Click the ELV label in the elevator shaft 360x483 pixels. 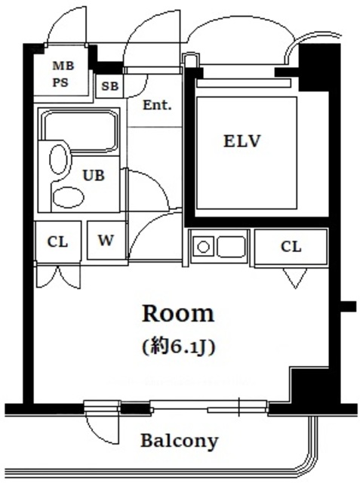click(x=241, y=141)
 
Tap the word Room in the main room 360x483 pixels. click(x=179, y=312)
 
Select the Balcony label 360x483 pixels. click(x=179, y=440)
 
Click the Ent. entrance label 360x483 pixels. click(x=157, y=105)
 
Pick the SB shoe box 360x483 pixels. click(x=109, y=85)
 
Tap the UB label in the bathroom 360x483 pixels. click(x=93, y=175)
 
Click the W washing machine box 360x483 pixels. click(x=106, y=241)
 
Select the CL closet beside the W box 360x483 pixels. click(x=57, y=241)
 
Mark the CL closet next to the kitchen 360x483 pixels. click(x=291, y=246)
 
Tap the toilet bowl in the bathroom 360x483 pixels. click(x=58, y=159)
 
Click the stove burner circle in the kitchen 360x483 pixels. click(x=202, y=246)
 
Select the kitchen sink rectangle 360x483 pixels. click(x=230, y=246)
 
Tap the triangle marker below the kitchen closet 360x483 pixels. click(x=294, y=279)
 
